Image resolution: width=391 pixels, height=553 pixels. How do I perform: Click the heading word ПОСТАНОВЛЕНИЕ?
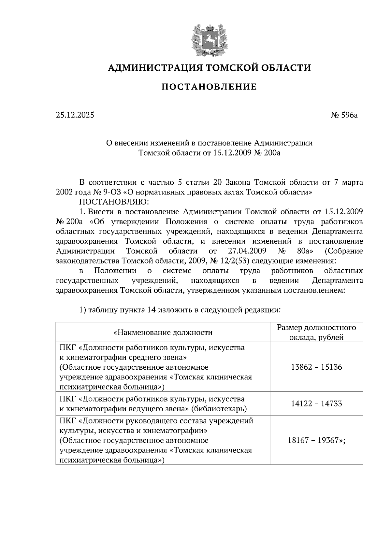click(x=209, y=87)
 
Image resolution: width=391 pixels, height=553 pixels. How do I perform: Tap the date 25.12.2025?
click(x=75, y=115)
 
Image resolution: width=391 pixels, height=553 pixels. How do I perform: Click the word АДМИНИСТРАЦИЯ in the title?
click(x=152, y=68)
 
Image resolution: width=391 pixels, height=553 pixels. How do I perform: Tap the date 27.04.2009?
click(x=246, y=251)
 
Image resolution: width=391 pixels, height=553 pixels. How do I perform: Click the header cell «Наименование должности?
click(x=163, y=333)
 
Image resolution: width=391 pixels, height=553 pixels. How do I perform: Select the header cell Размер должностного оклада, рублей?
click(x=316, y=332)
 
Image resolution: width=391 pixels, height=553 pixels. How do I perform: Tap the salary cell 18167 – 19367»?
click(x=316, y=441)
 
